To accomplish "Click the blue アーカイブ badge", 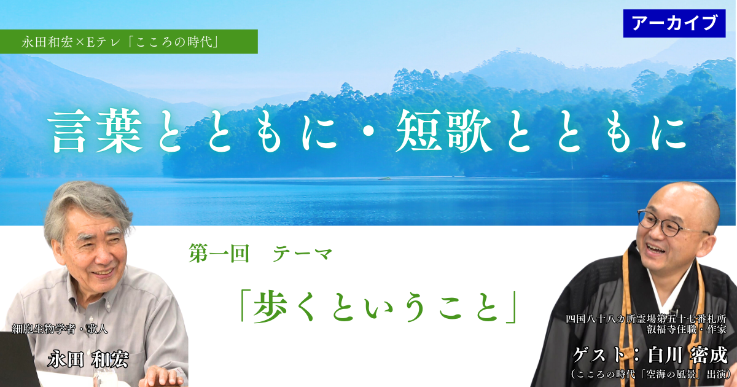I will (674, 23).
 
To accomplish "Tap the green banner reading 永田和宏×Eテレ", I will (129, 41).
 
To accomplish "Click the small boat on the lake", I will (385, 179).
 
